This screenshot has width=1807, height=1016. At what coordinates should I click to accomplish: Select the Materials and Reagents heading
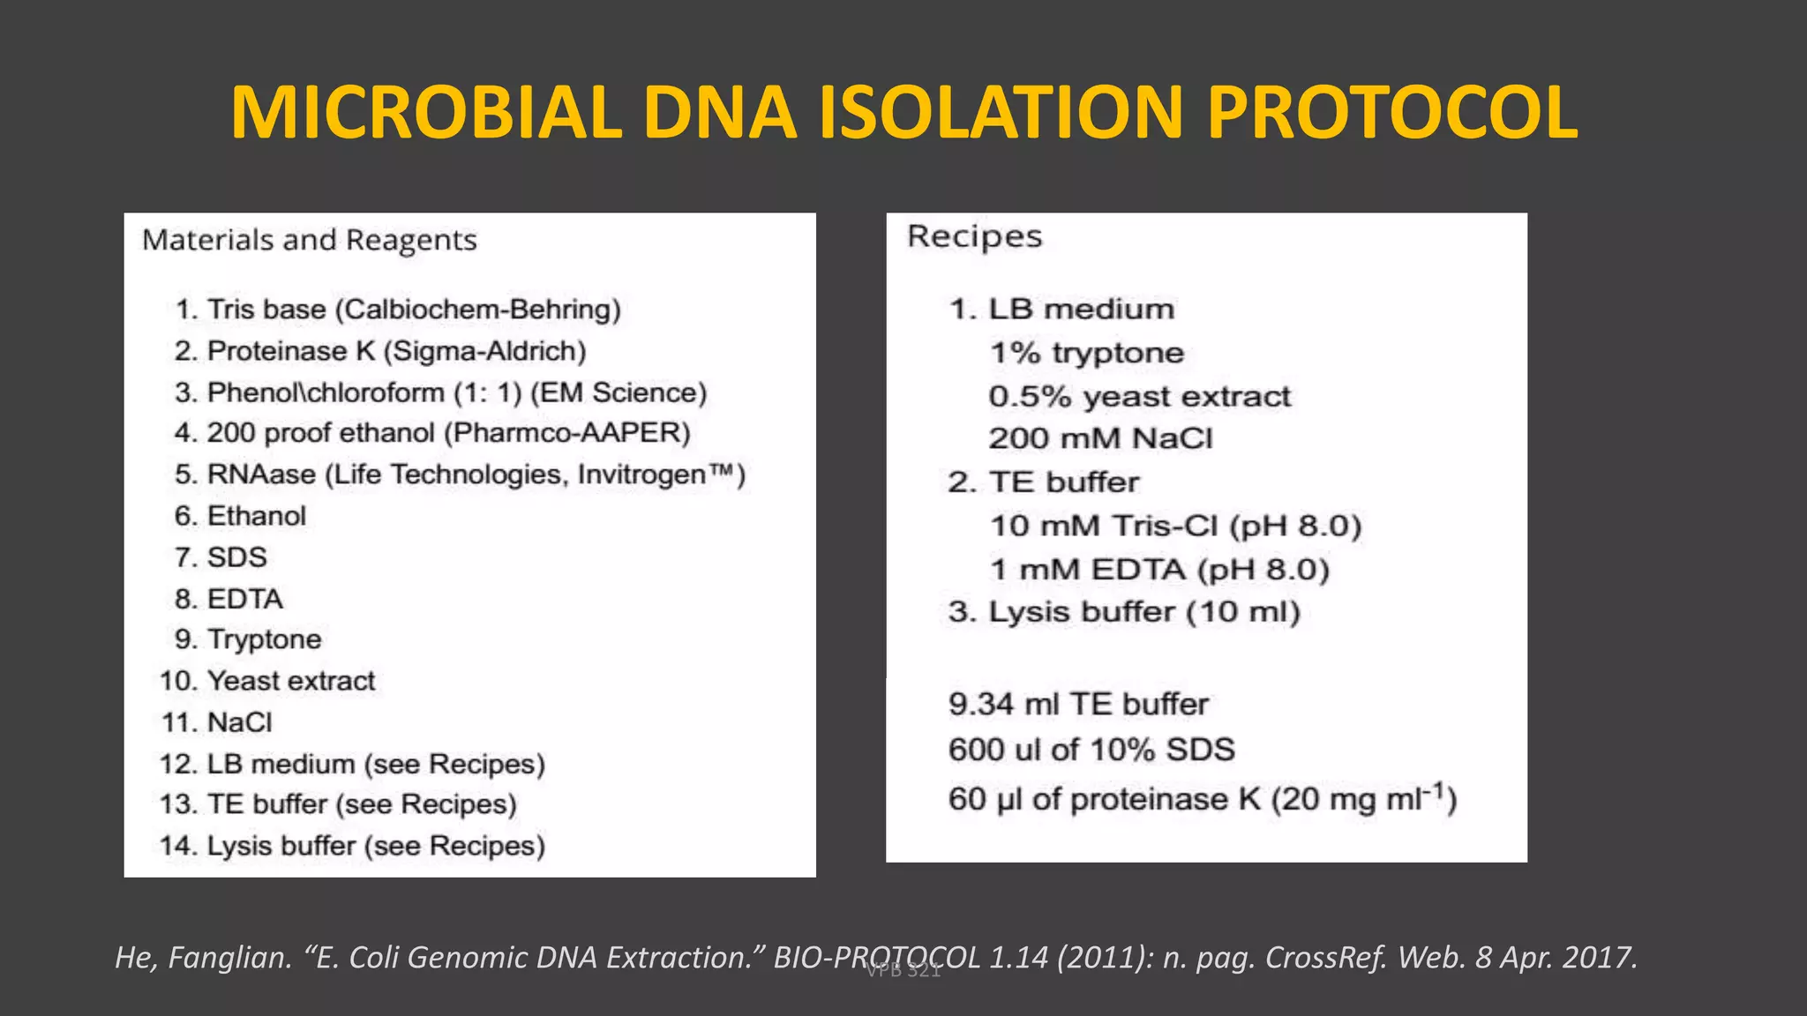(309, 240)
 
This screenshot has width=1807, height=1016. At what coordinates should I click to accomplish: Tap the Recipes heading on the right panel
(974, 236)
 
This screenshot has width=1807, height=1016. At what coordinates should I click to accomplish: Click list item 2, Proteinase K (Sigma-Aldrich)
(379, 351)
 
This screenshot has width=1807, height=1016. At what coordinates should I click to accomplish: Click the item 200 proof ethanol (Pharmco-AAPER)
(432, 433)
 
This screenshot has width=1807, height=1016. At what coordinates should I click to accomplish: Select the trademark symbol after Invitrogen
(722, 473)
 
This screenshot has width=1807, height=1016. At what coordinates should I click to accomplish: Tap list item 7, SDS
(221, 557)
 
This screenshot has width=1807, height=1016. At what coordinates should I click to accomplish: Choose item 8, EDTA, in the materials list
(229, 599)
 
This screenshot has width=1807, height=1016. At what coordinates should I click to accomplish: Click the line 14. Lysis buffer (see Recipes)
(353, 846)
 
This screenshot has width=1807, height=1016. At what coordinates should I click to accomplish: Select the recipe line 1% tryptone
(1086, 353)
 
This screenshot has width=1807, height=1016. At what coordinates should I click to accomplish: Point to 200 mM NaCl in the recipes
(1100, 438)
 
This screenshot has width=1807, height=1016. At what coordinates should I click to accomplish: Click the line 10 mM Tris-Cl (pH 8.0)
(1175, 526)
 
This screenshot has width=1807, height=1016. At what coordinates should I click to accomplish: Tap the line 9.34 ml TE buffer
(1078, 704)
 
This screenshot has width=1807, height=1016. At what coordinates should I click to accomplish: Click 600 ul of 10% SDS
(1091, 750)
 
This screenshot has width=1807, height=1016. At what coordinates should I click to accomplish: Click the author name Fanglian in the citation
(230, 957)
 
